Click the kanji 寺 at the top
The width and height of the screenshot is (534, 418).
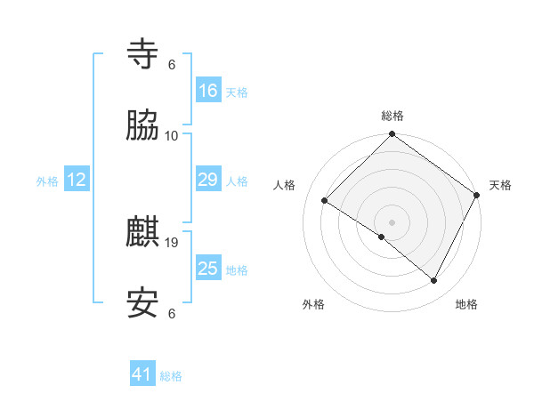(x=143, y=55)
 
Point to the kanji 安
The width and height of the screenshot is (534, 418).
(x=143, y=303)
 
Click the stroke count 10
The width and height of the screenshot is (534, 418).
(x=172, y=135)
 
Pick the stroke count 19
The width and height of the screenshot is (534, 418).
(x=172, y=242)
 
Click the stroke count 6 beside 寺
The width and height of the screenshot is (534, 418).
(x=172, y=65)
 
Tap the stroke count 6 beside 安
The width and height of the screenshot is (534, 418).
(x=172, y=313)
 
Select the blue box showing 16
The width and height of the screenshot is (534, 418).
(x=207, y=91)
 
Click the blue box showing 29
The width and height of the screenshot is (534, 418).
(x=207, y=180)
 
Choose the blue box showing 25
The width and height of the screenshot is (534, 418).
(x=207, y=269)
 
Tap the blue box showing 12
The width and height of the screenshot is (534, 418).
(x=77, y=180)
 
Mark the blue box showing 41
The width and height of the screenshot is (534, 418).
(x=142, y=374)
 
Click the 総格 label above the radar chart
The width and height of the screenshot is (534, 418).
(x=392, y=116)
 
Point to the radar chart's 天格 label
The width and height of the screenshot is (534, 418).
(x=500, y=185)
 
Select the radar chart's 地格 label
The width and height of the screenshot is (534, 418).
(x=466, y=304)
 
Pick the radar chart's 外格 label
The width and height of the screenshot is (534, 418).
(x=313, y=304)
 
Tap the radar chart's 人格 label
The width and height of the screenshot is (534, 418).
(x=285, y=185)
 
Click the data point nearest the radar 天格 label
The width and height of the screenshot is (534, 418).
(x=477, y=194)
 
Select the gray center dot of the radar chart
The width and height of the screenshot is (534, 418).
(x=392, y=221)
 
